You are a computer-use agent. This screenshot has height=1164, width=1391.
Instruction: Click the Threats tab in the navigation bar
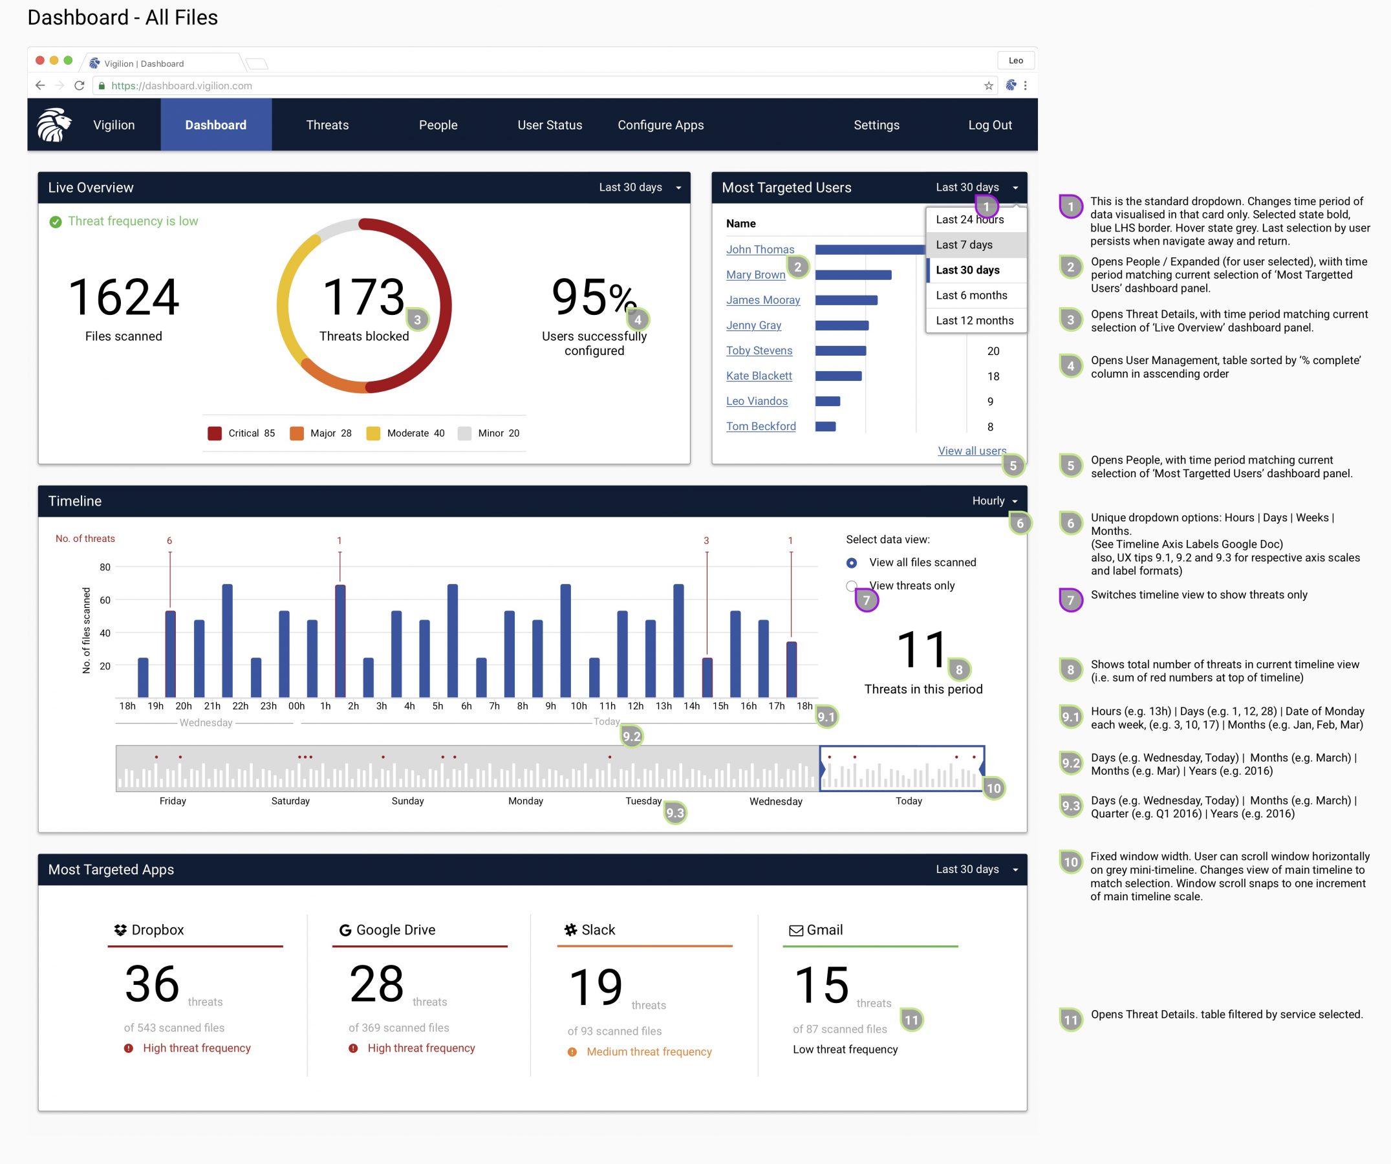(x=327, y=125)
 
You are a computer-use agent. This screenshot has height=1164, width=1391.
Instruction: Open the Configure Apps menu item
(x=660, y=125)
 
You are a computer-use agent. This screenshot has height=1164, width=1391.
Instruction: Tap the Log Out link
(x=989, y=125)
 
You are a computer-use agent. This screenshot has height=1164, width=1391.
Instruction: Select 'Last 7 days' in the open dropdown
(x=964, y=244)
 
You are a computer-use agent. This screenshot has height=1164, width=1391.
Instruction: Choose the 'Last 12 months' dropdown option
(x=974, y=321)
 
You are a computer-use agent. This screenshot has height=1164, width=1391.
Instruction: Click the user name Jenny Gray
(x=753, y=325)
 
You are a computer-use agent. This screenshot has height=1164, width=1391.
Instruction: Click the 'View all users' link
(x=971, y=451)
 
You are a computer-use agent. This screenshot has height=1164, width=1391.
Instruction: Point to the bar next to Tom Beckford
(x=825, y=427)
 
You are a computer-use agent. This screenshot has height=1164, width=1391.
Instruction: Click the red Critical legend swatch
(x=215, y=433)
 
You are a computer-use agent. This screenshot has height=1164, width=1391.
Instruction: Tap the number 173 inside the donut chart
(x=363, y=297)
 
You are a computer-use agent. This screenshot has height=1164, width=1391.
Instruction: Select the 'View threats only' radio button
(x=852, y=586)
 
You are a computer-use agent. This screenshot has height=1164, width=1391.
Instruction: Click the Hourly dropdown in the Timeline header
(x=993, y=502)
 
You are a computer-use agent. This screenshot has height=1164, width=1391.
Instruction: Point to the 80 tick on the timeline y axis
(x=105, y=567)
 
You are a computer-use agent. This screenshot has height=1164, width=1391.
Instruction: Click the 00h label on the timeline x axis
(x=297, y=706)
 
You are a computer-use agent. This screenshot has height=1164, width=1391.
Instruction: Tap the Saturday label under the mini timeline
(x=290, y=801)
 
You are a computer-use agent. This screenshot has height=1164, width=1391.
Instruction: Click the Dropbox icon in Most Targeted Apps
(x=120, y=930)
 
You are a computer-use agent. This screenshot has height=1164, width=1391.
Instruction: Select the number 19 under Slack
(x=596, y=987)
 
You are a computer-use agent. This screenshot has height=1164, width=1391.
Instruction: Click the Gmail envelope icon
(x=796, y=931)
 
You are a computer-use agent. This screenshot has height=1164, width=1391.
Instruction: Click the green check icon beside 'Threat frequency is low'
(x=56, y=222)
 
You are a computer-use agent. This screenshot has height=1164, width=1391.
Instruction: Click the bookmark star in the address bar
(x=988, y=85)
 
